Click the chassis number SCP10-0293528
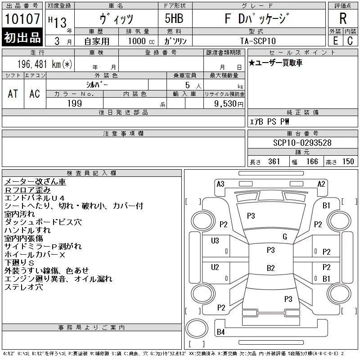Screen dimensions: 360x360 302,143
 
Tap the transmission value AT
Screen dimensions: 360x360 13,94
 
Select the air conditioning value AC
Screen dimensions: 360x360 35,94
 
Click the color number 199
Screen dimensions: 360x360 74,103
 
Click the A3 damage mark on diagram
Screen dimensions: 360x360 220,184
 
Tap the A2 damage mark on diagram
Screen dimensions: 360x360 321,184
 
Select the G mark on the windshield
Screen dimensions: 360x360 284,237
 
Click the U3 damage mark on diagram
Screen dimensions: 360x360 215,241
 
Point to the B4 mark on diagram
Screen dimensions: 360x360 220,332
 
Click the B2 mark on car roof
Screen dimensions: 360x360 270,268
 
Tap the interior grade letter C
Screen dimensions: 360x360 350,41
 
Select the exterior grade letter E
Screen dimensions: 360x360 335,41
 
